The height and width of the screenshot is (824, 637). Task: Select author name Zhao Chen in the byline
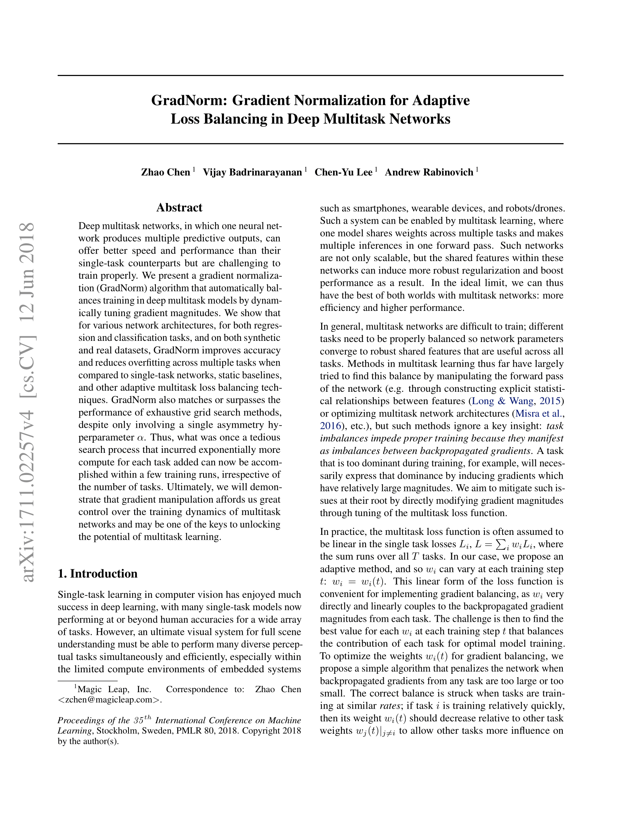(165, 172)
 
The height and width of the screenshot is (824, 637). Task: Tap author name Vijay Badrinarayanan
(252, 172)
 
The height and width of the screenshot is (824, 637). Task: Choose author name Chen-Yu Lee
(343, 172)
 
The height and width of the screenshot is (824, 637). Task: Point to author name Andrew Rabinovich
(429, 172)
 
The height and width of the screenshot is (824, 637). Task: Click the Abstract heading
(179, 207)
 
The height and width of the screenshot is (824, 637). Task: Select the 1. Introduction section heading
(97, 573)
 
